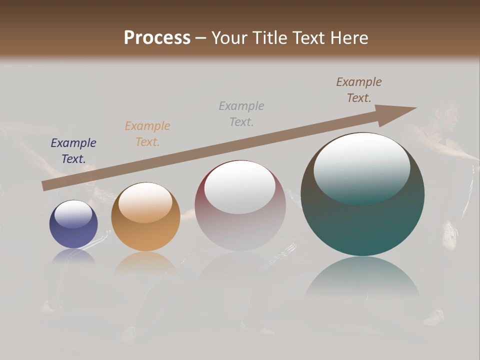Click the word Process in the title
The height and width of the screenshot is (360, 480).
click(x=157, y=38)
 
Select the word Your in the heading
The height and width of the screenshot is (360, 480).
click(x=230, y=38)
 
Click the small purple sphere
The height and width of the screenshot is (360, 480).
click(x=73, y=225)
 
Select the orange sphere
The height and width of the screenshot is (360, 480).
click(x=145, y=217)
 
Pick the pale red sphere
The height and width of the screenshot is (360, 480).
click(x=240, y=206)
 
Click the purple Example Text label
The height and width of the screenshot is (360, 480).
click(x=73, y=151)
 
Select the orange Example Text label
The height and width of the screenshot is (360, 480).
click(x=147, y=134)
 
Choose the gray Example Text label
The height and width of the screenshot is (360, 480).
click(x=241, y=113)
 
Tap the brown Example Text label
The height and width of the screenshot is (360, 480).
click(x=359, y=90)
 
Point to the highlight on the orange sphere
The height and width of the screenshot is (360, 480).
click(x=145, y=201)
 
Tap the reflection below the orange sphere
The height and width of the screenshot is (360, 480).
click(x=145, y=262)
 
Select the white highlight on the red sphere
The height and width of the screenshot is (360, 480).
click(x=239, y=187)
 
